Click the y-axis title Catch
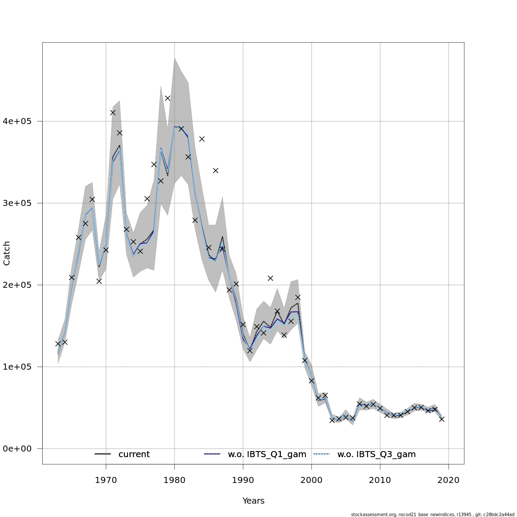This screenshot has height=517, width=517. point(7,252)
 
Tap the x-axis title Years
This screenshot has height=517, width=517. point(253,501)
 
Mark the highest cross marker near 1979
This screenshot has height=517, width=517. point(168,98)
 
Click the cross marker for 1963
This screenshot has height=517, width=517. point(58,344)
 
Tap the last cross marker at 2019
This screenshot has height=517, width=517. point(442,419)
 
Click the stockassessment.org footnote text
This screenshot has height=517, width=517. point(433,514)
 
